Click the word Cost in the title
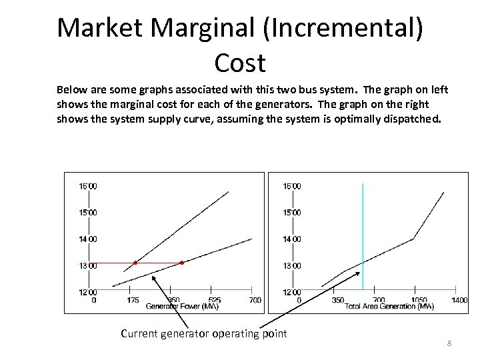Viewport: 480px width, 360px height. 240,63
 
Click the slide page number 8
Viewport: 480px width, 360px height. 449,343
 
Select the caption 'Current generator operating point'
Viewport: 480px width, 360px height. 203,333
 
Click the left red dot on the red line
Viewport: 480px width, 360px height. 135,263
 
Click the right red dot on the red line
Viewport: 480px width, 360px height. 181,263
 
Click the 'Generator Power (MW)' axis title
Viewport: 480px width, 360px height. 182,307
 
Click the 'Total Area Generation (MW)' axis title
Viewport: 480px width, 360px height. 389,307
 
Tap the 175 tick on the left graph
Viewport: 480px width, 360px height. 133,300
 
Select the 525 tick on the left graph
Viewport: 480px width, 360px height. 214,300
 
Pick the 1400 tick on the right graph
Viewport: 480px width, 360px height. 459,300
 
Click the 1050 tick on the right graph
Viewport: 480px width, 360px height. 418,300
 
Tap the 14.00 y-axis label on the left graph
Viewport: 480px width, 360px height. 88,239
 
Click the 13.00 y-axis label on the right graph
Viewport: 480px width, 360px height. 292,265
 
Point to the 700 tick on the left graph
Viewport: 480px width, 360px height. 255,300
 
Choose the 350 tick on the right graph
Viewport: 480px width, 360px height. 337,300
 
